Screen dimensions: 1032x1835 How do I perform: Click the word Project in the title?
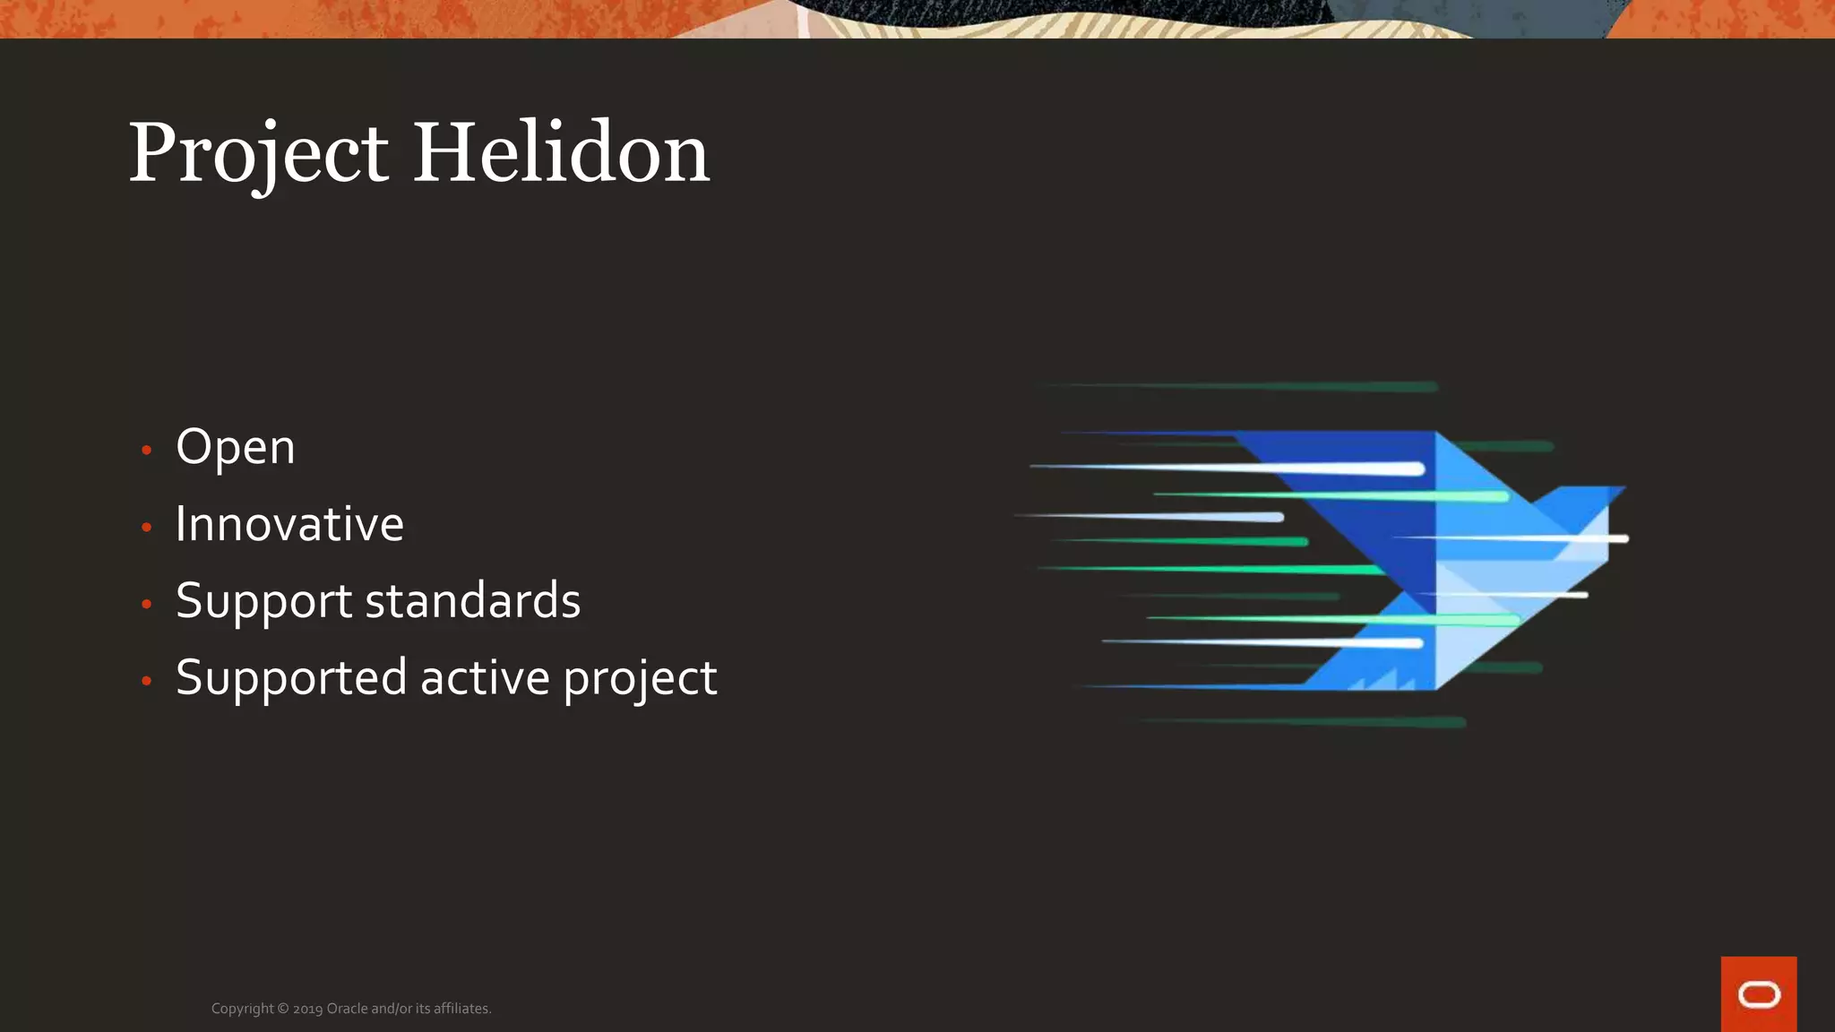[258, 154]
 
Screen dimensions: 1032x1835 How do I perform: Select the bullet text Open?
[235, 447]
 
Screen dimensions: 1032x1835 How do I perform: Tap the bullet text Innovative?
[289, 524]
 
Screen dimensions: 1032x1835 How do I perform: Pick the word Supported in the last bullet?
[292, 678]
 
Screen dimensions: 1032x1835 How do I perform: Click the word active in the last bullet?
[485, 678]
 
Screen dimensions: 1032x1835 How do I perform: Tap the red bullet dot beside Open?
[147, 450]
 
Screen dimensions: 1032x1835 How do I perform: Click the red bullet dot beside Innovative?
[147, 527]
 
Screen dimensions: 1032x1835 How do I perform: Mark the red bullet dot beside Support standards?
[147, 604]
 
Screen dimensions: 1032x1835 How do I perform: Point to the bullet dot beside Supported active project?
[147, 681]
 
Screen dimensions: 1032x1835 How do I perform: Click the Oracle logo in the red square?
[1758, 994]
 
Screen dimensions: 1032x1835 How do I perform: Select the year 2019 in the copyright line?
[307, 1009]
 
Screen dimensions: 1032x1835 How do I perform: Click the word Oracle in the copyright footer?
[347, 1009]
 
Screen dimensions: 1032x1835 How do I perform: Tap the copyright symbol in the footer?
[283, 1009]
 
